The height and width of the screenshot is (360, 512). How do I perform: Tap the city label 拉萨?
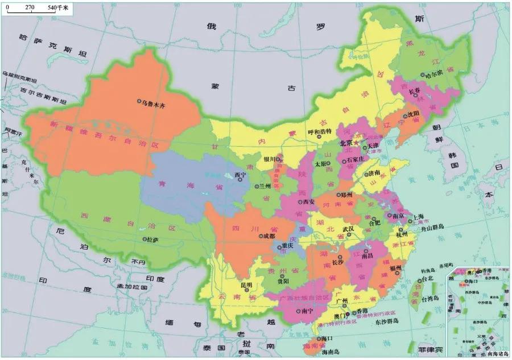[152, 240]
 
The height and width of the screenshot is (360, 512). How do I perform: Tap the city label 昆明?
[246, 284]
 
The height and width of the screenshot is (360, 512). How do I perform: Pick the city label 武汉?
[348, 229]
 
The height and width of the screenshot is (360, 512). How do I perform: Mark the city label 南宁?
[308, 311]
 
